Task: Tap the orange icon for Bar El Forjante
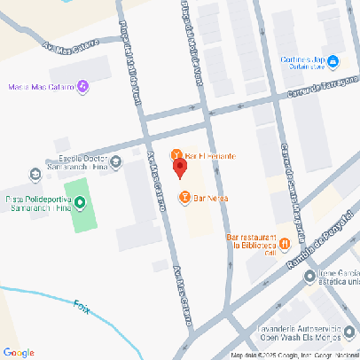coord(176,155)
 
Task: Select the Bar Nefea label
coord(211,197)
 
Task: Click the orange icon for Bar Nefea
coord(184,197)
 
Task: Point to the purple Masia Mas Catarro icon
coord(82,86)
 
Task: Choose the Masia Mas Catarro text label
coord(40,87)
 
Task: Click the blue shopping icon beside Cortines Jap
coord(333,61)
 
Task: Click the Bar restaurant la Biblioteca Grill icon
coord(285,243)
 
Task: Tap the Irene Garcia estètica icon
coord(309,276)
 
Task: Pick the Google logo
coord(19,352)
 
